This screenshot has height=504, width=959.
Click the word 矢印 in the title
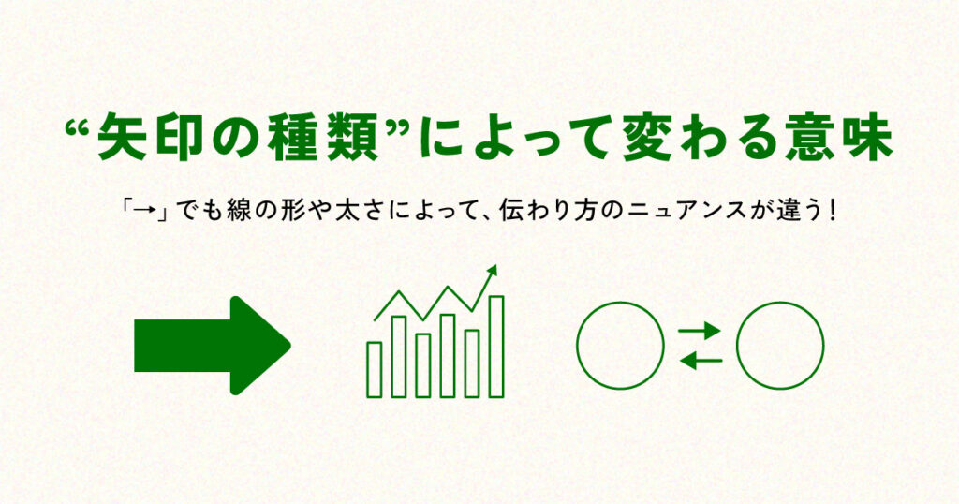(x=165, y=141)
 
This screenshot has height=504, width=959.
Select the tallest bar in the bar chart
(x=496, y=346)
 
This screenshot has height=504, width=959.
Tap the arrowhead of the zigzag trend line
(x=492, y=271)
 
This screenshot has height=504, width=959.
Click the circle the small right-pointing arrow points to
(x=780, y=346)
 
